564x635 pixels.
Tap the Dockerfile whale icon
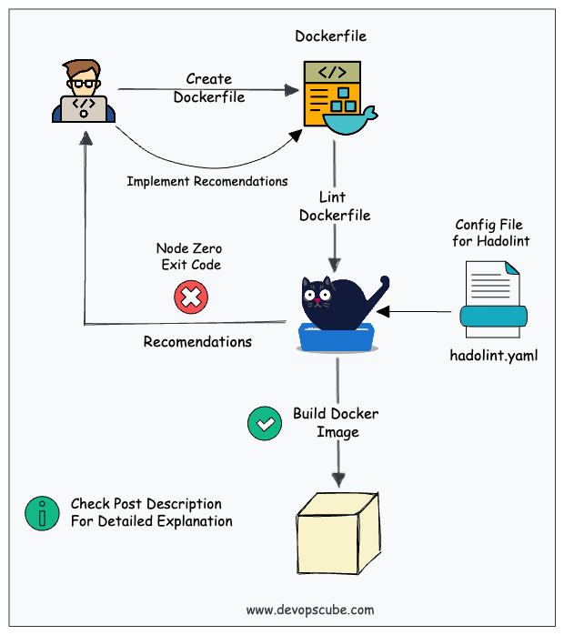click(350, 117)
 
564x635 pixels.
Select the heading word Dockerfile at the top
click(331, 36)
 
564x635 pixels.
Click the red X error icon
click(190, 296)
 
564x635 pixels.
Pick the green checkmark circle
click(265, 423)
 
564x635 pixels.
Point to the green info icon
click(42, 513)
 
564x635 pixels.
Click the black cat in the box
click(341, 296)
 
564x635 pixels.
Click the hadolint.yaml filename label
click(494, 355)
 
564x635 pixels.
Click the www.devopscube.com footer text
click(310, 610)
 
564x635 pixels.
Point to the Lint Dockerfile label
click(335, 207)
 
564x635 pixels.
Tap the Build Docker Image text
click(336, 422)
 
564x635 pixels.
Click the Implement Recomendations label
click(206, 181)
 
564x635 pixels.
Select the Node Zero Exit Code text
click(189, 256)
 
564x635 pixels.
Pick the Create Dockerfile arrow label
click(209, 88)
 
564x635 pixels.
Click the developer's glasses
click(82, 82)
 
